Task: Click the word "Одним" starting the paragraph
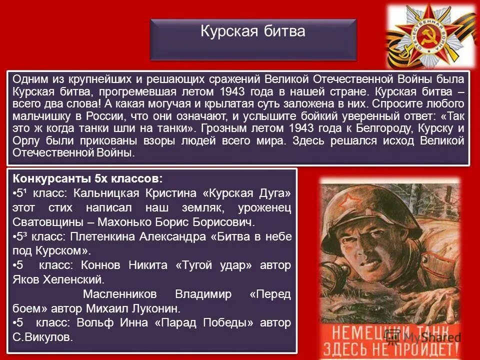[28, 79]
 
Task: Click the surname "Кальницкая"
[112, 193]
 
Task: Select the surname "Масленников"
[119, 294]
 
